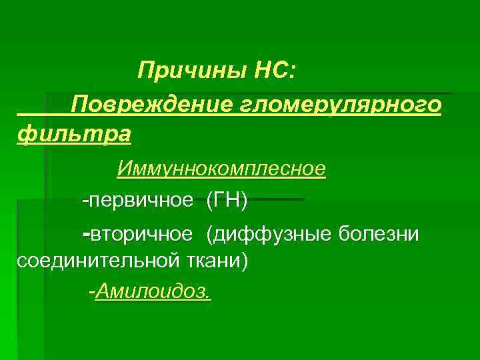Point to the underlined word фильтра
73,135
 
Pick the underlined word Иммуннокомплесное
221,169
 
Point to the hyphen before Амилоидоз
92,292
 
